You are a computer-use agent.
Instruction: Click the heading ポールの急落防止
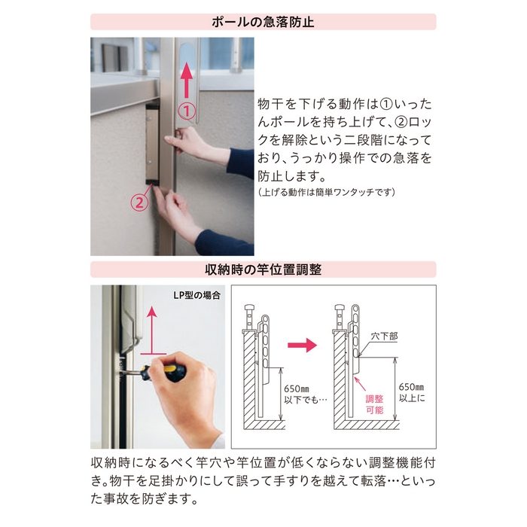tap(263, 22)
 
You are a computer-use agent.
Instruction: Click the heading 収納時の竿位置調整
tap(263, 270)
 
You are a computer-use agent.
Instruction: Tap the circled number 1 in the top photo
tap(185, 111)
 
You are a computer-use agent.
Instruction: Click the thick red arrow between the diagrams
tap(302, 346)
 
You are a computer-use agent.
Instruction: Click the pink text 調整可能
tap(374, 404)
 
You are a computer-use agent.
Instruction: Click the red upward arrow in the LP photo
tap(151, 327)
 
